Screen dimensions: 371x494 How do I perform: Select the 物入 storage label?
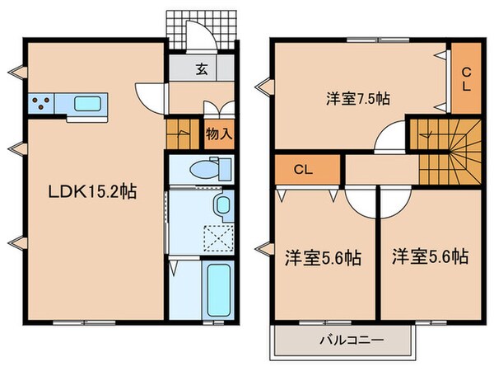(217, 133)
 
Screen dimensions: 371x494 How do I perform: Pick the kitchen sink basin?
(87, 103)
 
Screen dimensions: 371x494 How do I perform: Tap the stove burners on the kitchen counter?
(41, 103)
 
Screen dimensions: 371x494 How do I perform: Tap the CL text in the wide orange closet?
(303, 171)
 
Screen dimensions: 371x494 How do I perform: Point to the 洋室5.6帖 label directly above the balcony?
(323, 256)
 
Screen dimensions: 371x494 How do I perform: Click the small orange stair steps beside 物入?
(181, 134)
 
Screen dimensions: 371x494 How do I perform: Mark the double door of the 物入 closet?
(217, 110)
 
